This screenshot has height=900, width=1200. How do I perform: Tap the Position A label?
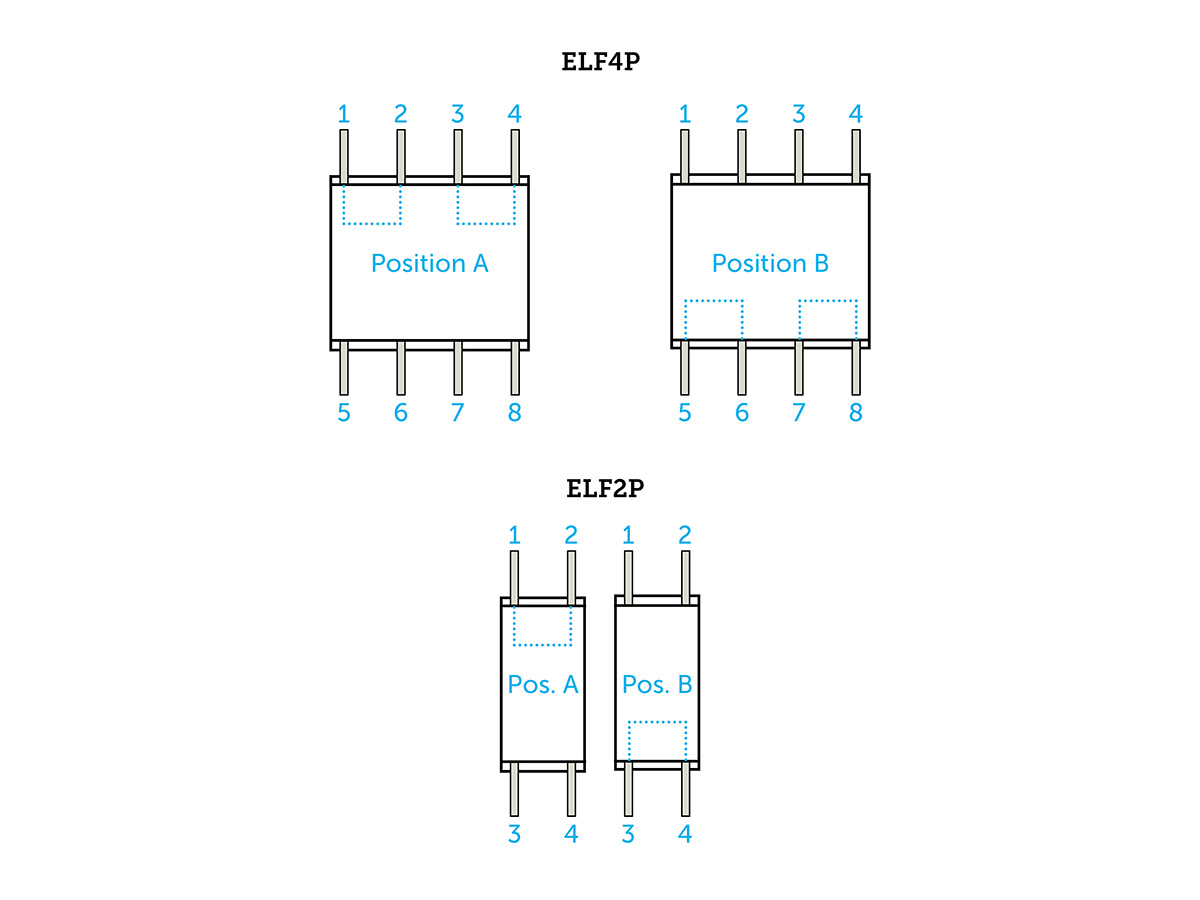(x=429, y=263)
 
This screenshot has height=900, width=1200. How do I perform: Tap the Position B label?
(x=770, y=263)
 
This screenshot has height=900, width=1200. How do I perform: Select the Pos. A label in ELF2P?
(x=543, y=684)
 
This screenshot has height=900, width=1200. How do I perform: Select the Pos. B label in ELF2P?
(x=657, y=684)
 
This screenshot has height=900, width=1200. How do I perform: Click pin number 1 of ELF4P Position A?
(x=344, y=114)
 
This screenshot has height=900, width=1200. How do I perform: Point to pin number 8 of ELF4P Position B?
(x=856, y=413)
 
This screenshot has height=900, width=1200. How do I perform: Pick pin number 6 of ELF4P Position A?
(x=401, y=413)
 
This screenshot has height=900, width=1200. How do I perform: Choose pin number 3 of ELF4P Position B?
(x=799, y=114)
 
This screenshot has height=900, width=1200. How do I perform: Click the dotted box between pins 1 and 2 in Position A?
(x=372, y=204)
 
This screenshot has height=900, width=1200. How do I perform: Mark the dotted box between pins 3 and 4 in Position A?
(x=486, y=204)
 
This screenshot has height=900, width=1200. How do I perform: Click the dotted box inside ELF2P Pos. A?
(x=542, y=626)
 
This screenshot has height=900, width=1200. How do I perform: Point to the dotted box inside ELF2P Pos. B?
(x=657, y=741)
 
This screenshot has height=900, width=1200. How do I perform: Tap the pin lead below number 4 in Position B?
(x=856, y=155)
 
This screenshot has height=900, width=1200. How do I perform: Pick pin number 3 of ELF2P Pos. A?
(x=514, y=834)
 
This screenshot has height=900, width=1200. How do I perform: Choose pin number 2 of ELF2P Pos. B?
(x=685, y=535)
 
